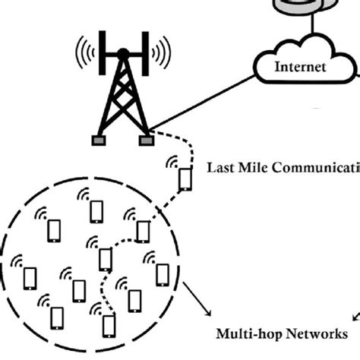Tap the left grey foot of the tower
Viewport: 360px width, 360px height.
(98, 141)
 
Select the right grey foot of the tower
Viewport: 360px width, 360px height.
(144, 141)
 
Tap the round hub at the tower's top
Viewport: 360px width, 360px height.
(122, 53)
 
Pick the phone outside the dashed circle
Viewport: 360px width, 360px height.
(185, 179)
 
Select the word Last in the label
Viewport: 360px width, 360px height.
(221, 167)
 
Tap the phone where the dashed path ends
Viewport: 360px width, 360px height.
(109, 325)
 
